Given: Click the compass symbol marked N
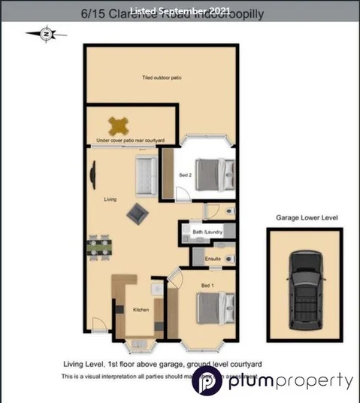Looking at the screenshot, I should [x=47, y=33].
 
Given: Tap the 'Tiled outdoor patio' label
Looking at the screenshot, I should [x=162, y=77].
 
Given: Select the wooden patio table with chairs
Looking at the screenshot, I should [x=118, y=125].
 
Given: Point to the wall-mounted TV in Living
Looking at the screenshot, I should [x=92, y=174].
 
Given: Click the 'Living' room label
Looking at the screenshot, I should [x=110, y=199].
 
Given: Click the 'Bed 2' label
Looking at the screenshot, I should [x=185, y=175].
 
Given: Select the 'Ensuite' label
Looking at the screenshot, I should [x=212, y=259].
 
